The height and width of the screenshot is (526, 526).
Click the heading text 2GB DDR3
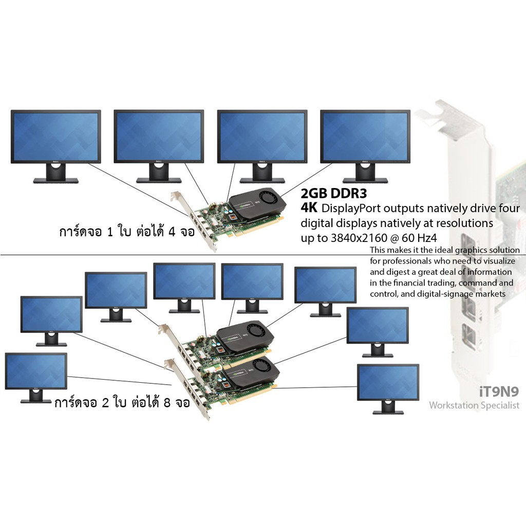333,193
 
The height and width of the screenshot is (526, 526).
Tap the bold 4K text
309,208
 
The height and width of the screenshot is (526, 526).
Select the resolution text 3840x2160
359,238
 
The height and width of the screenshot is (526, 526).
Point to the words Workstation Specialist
474,405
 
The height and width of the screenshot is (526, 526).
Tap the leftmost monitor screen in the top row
55,136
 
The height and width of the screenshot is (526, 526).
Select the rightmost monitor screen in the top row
365,136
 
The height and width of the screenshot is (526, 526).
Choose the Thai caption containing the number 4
127,231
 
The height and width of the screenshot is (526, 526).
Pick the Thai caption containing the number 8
122,402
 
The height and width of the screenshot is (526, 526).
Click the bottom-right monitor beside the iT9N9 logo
388,389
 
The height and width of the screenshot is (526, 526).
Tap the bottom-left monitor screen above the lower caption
36,372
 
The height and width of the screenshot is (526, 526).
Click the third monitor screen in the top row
262,136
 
